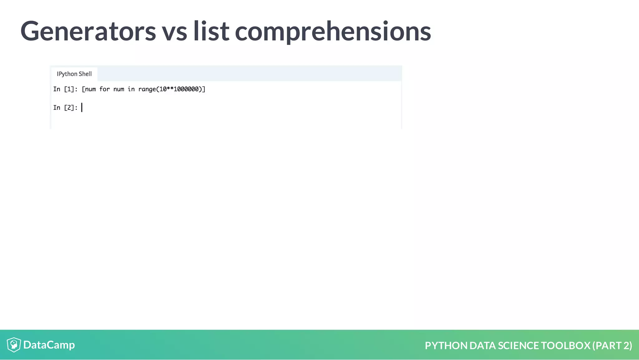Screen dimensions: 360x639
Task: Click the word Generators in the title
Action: (88, 31)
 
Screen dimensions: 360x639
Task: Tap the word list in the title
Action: (211, 31)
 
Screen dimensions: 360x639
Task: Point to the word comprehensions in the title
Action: (333, 31)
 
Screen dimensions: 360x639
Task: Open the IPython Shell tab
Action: (74, 74)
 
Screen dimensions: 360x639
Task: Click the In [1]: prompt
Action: (65, 89)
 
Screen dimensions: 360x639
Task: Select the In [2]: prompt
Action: (65, 108)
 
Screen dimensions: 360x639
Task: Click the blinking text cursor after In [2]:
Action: (82, 108)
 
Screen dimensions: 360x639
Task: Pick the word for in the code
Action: (105, 89)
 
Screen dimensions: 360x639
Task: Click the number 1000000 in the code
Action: (186, 89)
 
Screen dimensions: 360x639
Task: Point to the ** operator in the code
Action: (170, 89)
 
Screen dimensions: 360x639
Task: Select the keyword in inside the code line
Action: (131, 89)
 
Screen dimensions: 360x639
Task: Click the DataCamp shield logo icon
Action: (14, 345)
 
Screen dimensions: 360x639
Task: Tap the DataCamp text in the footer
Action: (49, 345)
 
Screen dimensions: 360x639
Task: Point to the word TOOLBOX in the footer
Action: (565, 346)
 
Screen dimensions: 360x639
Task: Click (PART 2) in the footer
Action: (612, 346)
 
